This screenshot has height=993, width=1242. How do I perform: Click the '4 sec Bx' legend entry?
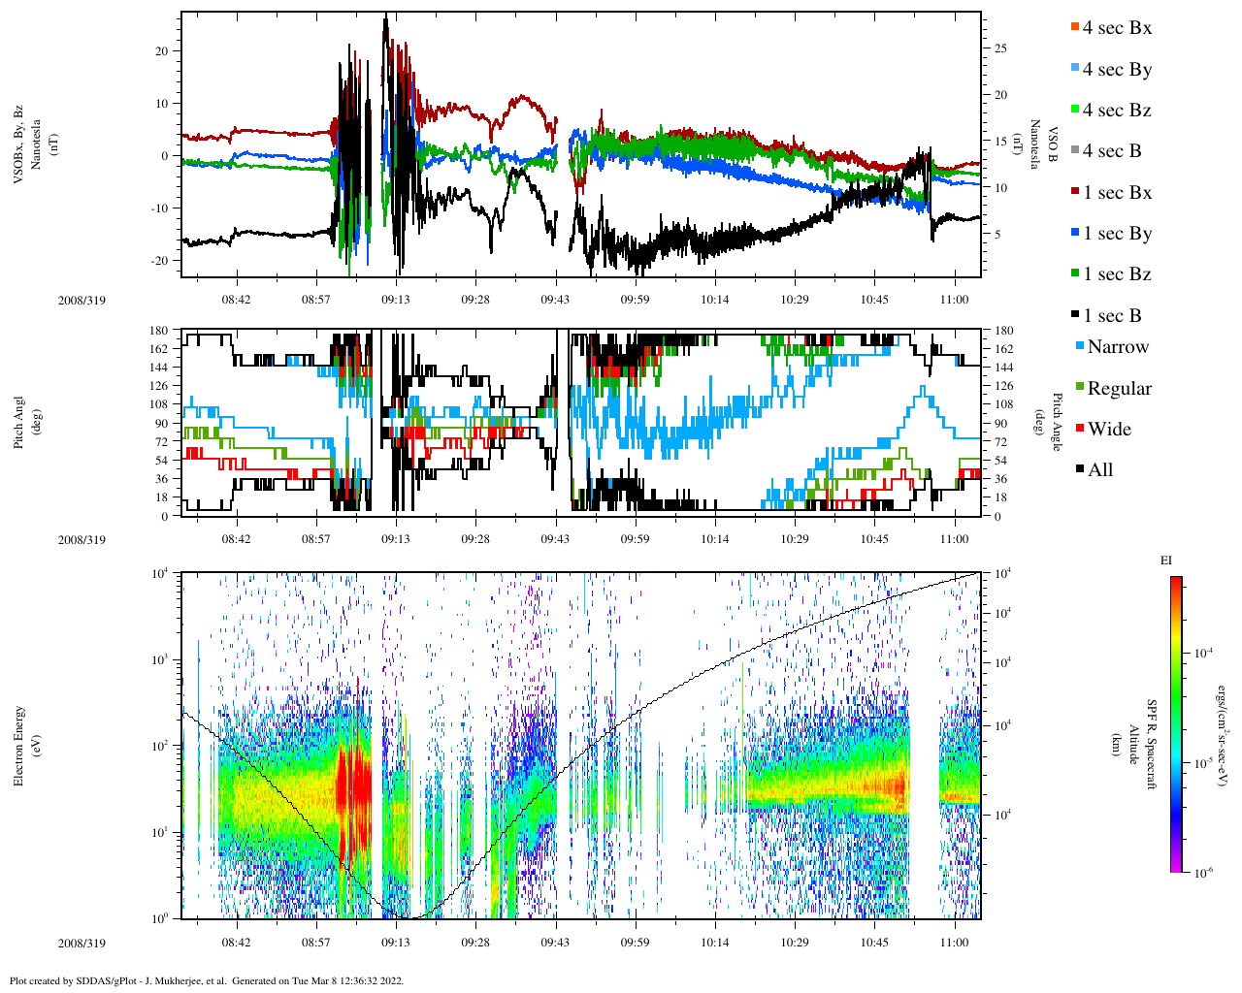[1116, 28]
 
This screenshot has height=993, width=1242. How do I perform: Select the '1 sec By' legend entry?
[1116, 234]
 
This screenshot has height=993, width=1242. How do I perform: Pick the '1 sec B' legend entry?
[1112, 316]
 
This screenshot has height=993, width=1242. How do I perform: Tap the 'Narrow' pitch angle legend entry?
[1117, 347]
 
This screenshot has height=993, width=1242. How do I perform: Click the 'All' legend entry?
[1099, 470]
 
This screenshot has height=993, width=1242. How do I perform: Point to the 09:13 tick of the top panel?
[395, 300]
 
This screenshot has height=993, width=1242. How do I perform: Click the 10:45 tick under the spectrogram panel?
[874, 943]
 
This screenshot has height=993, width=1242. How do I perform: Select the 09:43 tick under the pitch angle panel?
[555, 539]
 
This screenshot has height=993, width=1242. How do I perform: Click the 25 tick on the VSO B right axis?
[999, 48]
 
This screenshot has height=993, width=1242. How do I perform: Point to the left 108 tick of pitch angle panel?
[158, 404]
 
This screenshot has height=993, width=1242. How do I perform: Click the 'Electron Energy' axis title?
[19, 745]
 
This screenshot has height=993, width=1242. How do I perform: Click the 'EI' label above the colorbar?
[1166, 561]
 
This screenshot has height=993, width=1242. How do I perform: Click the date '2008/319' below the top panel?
[82, 301]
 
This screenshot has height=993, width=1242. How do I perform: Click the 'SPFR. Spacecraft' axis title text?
[1152, 745]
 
